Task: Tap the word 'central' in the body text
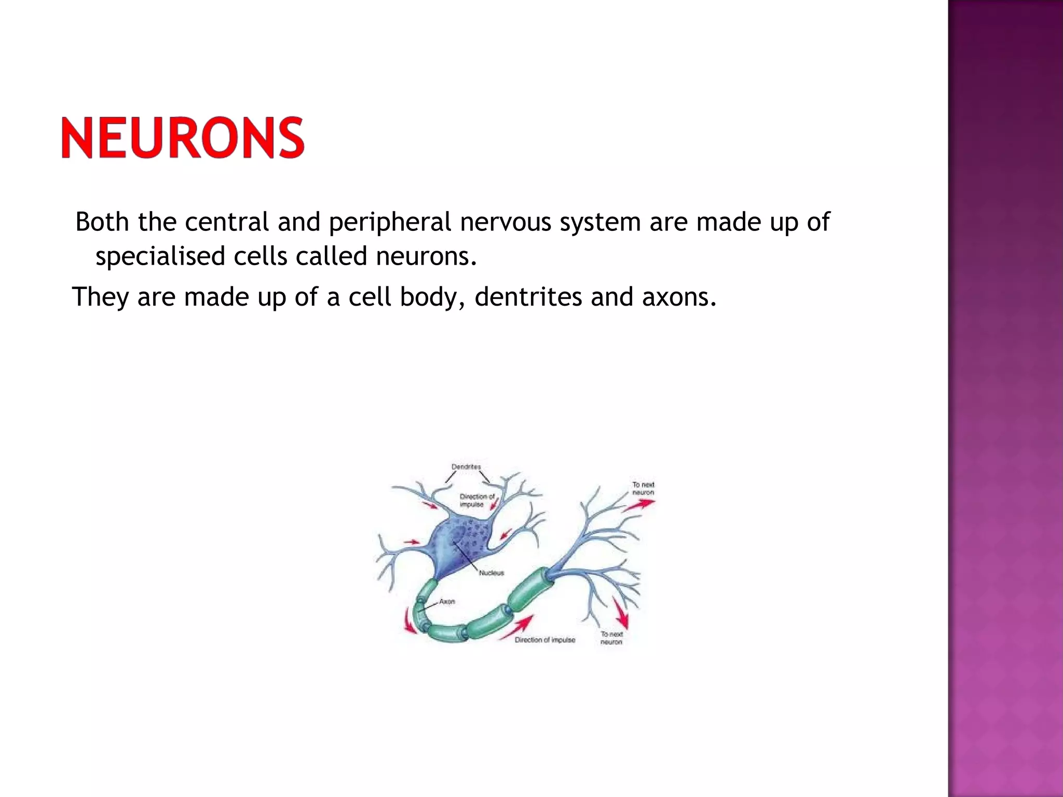coord(226,222)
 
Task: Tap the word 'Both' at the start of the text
coord(102,222)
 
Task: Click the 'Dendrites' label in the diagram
coord(466,467)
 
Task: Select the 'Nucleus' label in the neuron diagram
coord(491,573)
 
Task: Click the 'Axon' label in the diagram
coord(447,601)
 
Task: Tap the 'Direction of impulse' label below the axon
coord(544,640)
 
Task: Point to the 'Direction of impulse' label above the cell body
coord(476,500)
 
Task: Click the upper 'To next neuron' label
coord(643,488)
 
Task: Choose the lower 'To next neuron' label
coord(611,638)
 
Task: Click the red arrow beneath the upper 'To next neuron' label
coord(639,505)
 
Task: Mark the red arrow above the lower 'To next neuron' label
coord(621,613)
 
